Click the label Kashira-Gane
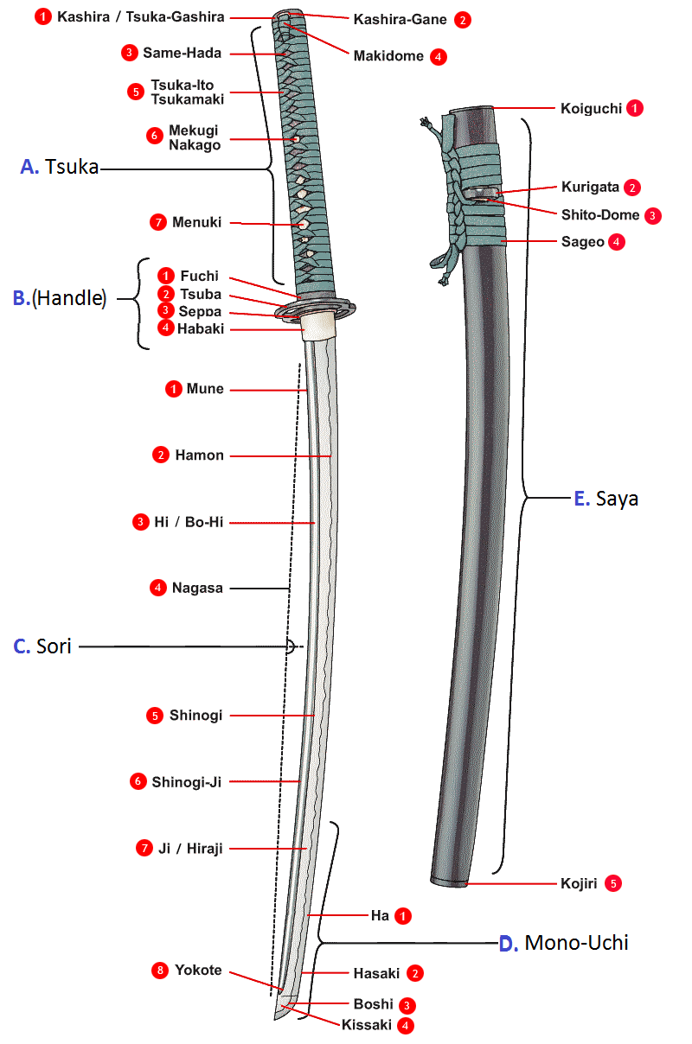(400, 19)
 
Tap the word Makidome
(388, 56)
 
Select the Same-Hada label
(183, 53)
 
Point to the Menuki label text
(196, 222)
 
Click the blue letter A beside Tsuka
(29, 168)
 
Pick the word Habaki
(200, 328)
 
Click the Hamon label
(200, 455)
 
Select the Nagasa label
(197, 588)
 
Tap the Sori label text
(54, 646)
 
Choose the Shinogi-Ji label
(187, 782)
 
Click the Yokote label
(198, 971)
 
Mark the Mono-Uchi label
(577, 943)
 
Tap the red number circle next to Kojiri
(614, 883)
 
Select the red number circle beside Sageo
(616, 242)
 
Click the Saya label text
(618, 499)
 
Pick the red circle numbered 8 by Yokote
(159, 971)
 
